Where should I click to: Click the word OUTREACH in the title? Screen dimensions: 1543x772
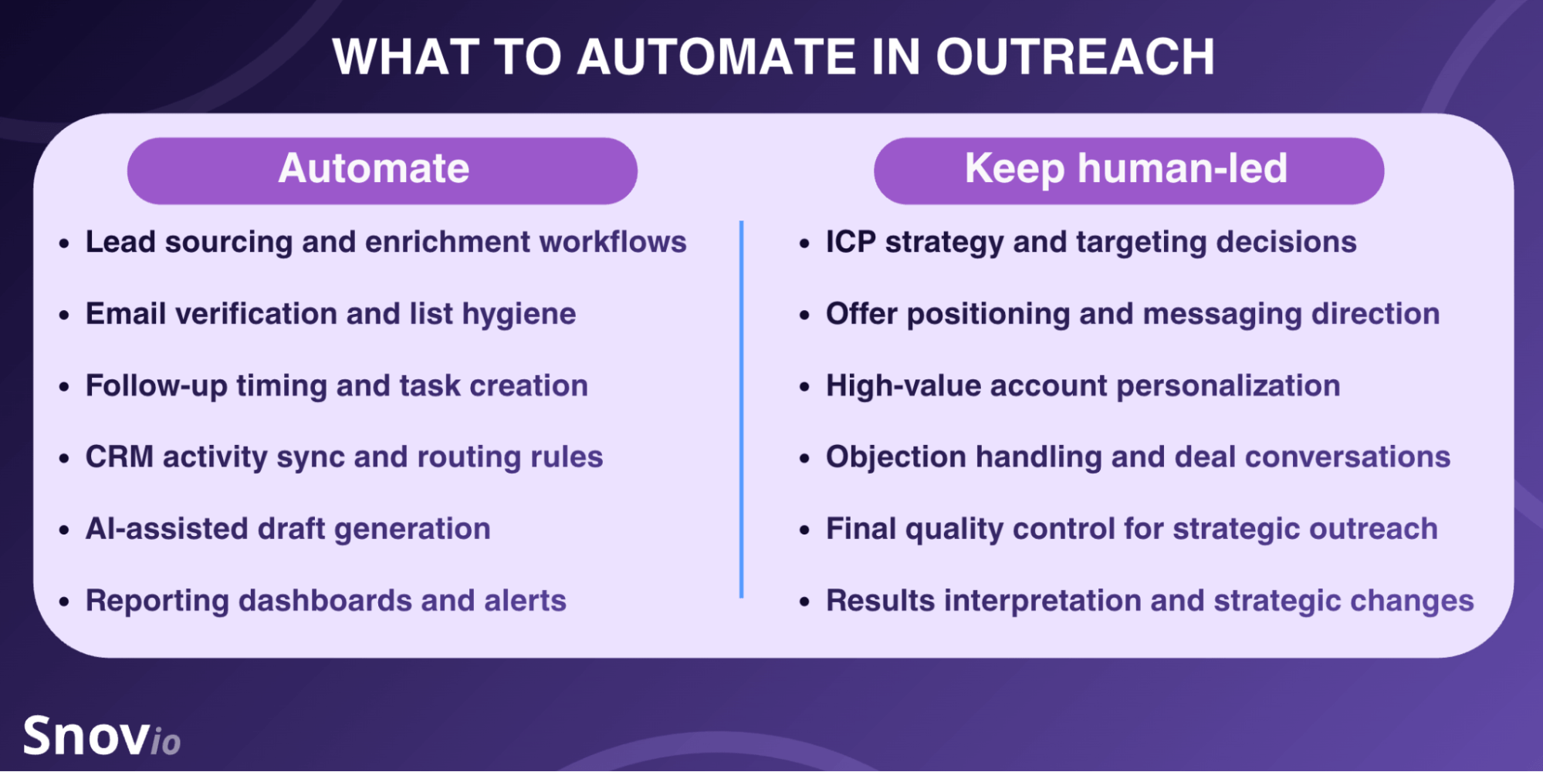(x=1075, y=57)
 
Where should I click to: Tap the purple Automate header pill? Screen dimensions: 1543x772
(x=382, y=170)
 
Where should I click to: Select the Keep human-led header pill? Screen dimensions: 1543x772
(x=1128, y=170)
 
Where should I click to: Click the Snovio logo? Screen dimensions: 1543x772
(x=101, y=736)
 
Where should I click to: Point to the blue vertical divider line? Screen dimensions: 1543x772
(x=741, y=409)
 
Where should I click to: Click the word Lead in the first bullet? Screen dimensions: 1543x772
(x=120, y=242)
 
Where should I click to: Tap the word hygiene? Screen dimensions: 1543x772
(x=519, y=315)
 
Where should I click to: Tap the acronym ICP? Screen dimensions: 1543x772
(x=851, y=242)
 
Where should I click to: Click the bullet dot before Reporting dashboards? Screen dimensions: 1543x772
(x=65, y=602)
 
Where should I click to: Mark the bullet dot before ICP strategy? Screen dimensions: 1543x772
(x=805, y=244)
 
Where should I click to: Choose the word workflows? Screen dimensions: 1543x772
(x=613, y=242)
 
